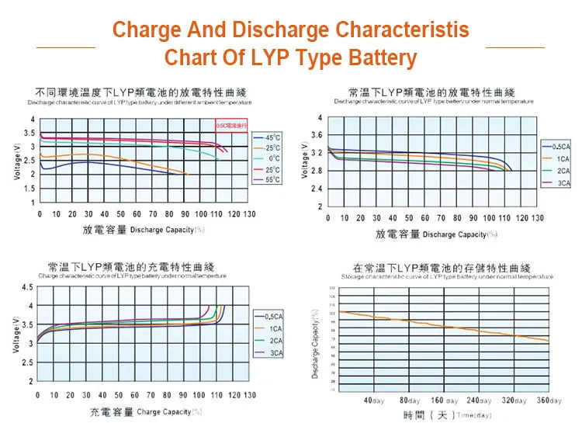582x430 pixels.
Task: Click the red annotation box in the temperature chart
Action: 230,125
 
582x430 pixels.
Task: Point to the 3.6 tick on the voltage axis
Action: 316,135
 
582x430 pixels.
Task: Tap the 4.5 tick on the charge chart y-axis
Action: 28,288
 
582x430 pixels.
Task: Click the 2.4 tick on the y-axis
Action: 316,189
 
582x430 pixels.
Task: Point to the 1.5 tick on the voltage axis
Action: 30,189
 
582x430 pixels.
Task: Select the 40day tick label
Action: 374,401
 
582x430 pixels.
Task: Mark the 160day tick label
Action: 445,401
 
